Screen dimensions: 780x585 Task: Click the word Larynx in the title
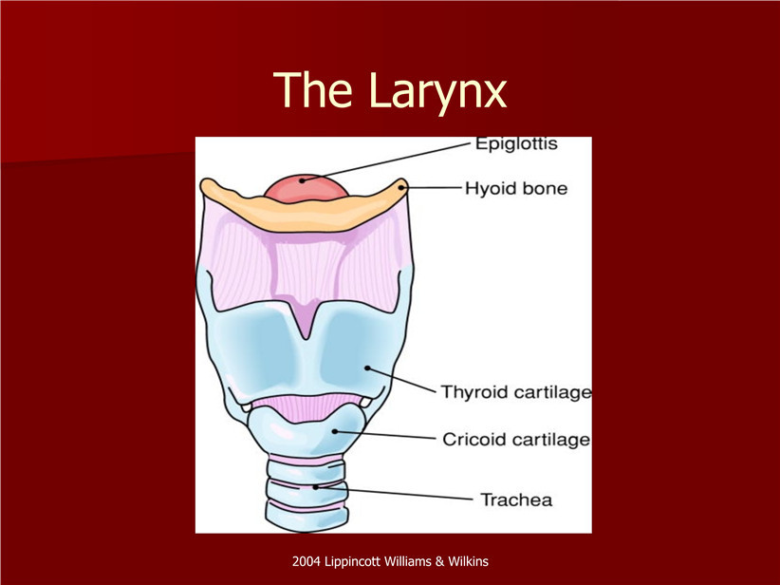pyautogui.click(x=437, y=93)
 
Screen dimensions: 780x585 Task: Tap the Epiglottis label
pyautogui.click(x=516, y=144)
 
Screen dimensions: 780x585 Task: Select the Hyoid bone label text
pyautogui.click(x=516, y=189)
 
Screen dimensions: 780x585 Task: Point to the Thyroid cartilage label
pyautogui.click(x=516, y=392)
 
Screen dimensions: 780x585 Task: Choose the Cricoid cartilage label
pyautogui.click(x=516, y=440)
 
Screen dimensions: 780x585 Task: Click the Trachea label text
pyautogui.click(x=516, y=500)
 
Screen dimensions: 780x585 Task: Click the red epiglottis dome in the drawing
pyautogui.click(x=306, y=188)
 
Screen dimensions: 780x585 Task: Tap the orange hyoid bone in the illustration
pyautogui.click(x=304, y=209)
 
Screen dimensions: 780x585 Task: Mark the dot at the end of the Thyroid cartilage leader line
pyautogui.click(x=367, y=368)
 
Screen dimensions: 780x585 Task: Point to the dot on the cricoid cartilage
pyautogui.click(x=335, y=431)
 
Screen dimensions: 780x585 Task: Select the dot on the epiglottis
pyautogui.click(x=302, y=180)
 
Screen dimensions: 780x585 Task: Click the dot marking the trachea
pyautogui.click(x=315, y=487)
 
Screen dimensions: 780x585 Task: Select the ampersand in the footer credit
pyautogui.click(x=439, y=561)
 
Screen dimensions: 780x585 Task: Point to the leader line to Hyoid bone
pyautogui.click(x=432, y=188)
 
